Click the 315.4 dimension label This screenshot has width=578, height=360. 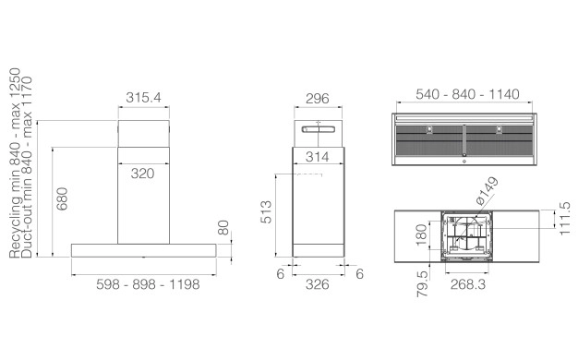tap(143, 98)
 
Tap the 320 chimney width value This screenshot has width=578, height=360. tap(143, 174)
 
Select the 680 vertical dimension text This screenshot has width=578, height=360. tap(62, 199)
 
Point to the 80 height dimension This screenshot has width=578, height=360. tap(223, 228)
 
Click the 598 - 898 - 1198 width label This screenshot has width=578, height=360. tap(148, 284)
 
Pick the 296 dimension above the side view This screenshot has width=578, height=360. tap(318, 99)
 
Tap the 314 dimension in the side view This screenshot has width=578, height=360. tap(318, 157)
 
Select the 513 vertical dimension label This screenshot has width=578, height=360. tap(266, 212)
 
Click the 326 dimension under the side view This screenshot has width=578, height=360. tap(318, 284)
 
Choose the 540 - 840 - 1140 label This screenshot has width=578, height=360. tap(467, 94)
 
